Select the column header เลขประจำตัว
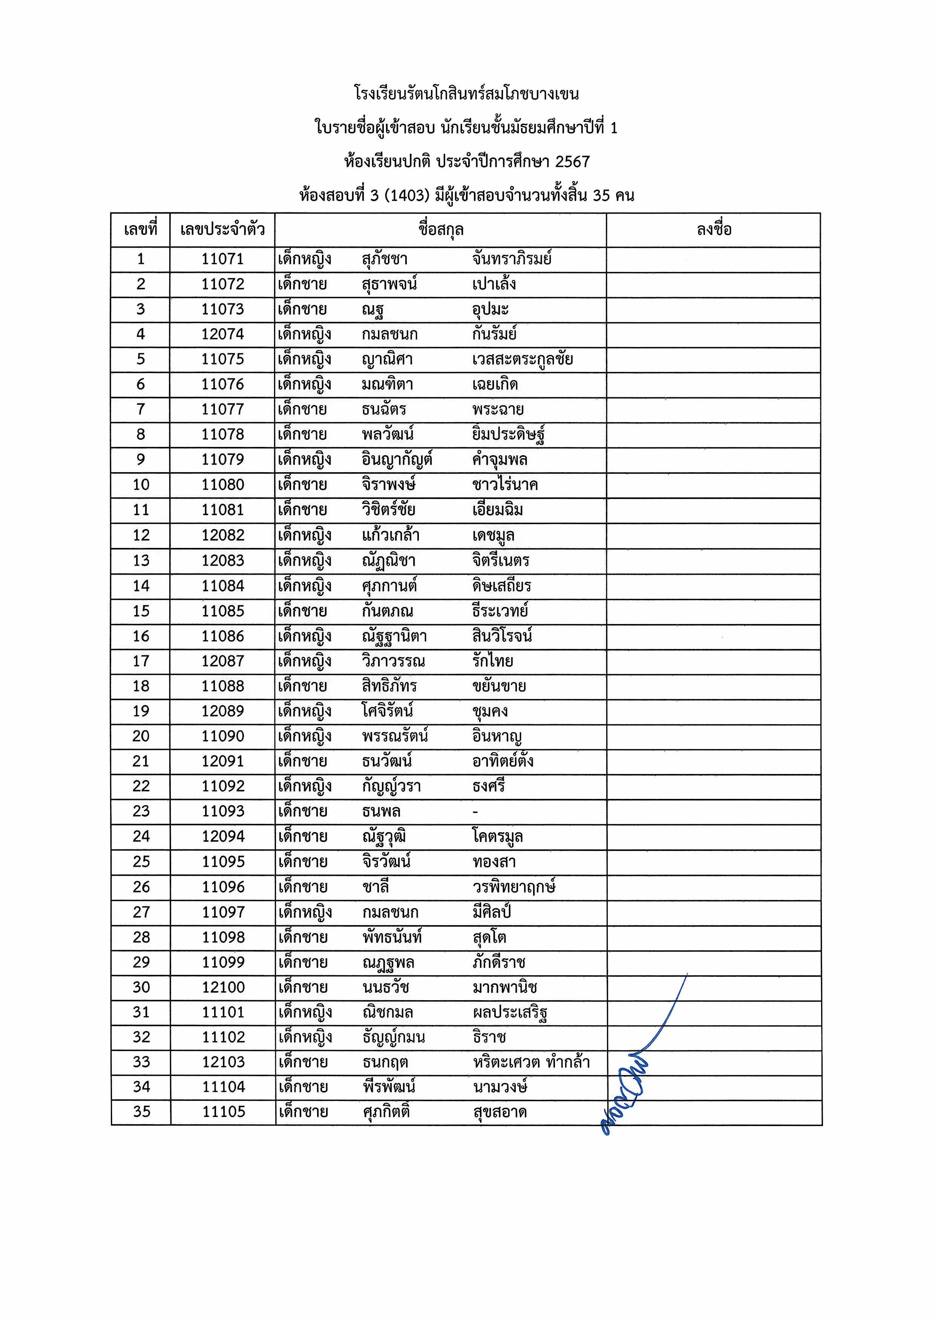[x=222, y=230]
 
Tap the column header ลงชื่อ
[x=714, y=230]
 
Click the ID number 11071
[x=222, y=259]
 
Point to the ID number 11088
[x=222, y=686]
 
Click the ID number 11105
[x=224, y=1112]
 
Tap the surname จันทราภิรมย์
[x=512, y=259]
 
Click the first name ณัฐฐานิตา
[x=394, y=636]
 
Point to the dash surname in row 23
[x=475, y=812]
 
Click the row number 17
[x=141, y=661]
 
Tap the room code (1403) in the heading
[x=407, y=195]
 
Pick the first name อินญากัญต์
[x=397, y=459]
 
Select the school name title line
[x=467, y=94]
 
